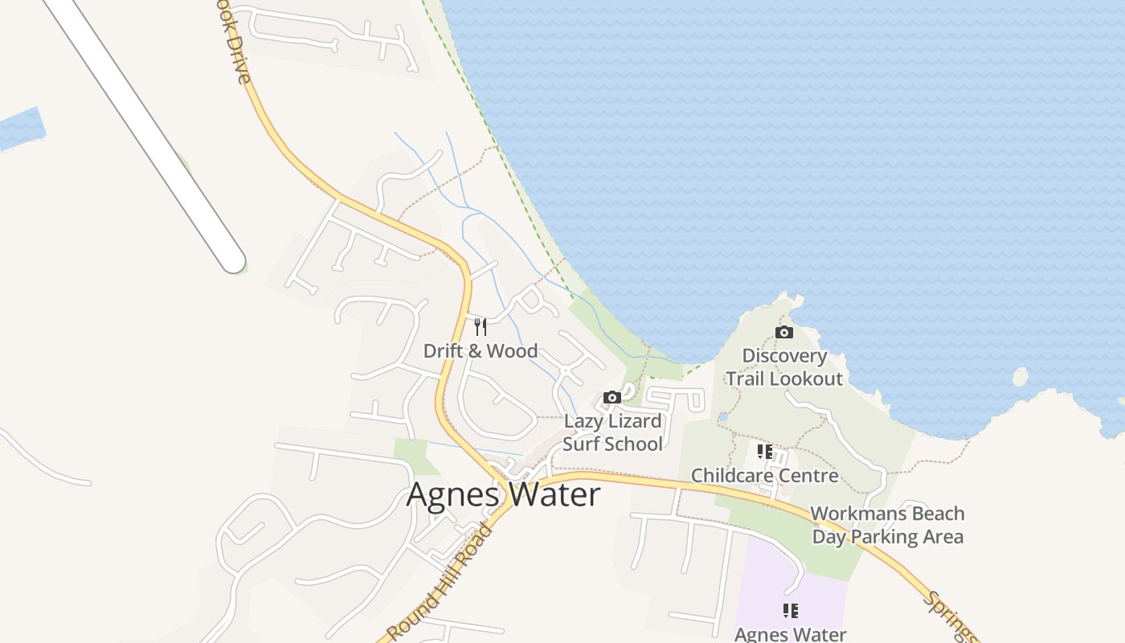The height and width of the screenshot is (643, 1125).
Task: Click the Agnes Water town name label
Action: [x=503, y=494]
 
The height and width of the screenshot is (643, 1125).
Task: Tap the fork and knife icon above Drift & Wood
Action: [x=481, y=326]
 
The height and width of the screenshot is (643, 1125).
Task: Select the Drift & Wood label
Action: [x=481, y=351]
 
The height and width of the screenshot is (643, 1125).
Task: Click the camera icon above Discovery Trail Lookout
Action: [x=783, y=332]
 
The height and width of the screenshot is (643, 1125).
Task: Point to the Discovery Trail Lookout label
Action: [x=784, y=367]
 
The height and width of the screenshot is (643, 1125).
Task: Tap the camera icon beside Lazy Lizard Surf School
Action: [x=612, y=397]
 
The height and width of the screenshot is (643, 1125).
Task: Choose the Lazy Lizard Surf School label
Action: [x=612, y=432]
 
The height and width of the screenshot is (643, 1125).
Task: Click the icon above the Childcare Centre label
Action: [x=764, y=452]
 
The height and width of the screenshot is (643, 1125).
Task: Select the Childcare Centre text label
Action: [x=764, y=476]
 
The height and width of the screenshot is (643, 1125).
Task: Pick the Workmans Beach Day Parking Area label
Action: [x=887, y=525]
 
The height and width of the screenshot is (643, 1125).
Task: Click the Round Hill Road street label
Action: [x=440, y=582]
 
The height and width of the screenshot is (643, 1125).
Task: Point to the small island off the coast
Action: [x=1020, y=376]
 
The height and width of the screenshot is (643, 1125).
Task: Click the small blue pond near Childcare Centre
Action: [x=722, y=417]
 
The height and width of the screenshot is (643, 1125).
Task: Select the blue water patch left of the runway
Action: [x=19, y=129]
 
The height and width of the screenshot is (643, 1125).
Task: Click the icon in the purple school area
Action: [x=791, y=611]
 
